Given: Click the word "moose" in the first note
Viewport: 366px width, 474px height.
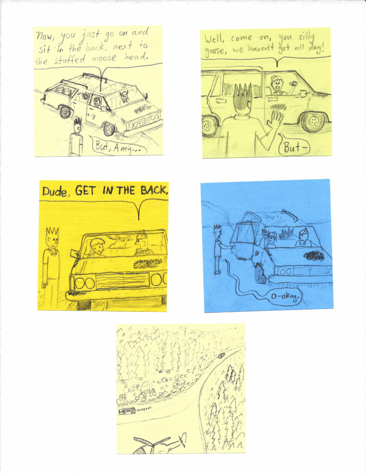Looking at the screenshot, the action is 104,57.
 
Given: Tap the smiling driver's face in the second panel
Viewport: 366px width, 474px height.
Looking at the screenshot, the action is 277,83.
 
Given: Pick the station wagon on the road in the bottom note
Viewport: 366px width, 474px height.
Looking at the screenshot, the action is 127,411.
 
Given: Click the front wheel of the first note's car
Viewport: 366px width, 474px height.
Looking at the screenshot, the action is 109,129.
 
